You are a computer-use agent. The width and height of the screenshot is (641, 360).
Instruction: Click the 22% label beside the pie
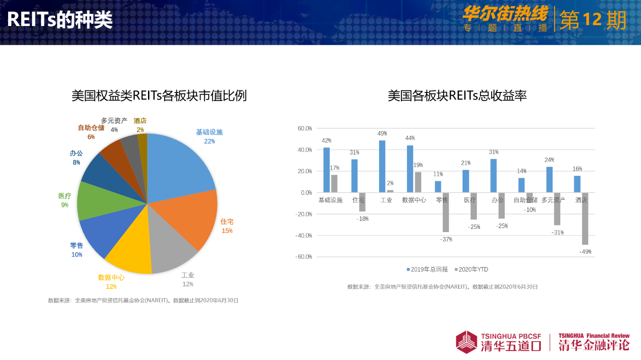coord(209,141)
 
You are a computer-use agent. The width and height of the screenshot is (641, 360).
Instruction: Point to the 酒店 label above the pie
coord(140,121)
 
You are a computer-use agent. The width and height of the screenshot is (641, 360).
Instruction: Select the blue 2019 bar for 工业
coord(382,167)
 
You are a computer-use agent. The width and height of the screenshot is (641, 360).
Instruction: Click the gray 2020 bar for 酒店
coord(585,219)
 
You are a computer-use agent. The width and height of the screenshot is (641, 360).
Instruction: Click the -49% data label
coord(585,252)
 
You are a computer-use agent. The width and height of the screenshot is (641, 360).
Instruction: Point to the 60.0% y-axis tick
coord(305,128)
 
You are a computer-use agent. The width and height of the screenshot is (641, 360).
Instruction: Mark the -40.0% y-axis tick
coord(305,235)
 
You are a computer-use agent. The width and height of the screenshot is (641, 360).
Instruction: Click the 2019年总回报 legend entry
coord(427,269)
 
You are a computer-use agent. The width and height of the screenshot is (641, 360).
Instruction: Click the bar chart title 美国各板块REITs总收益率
coord(457,96)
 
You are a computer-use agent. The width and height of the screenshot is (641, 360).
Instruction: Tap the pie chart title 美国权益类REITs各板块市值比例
coord(159,96)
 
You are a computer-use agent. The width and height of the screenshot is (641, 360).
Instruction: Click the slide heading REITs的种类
coord(60,20)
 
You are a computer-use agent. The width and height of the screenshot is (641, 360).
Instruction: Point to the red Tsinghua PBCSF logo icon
coord(467,342)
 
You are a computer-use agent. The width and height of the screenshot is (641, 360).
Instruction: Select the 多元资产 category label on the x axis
coord(553,200)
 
